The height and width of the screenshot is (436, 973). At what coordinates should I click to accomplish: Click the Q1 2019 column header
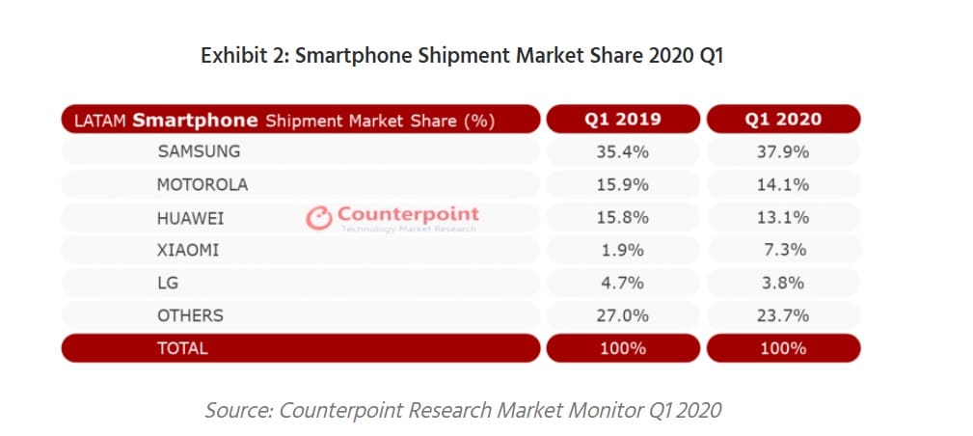[x=622, y=120]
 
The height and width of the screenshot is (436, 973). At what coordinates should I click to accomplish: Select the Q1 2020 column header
[x=783, y=120]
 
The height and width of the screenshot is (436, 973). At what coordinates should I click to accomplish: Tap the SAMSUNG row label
[x=199, y=151]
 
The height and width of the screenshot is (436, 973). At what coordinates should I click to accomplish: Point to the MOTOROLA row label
[x=203, y=184]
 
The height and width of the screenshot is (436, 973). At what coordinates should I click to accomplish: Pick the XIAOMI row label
[x=188, y=250]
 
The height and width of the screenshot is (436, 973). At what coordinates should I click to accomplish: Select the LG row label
[x=168, y=283]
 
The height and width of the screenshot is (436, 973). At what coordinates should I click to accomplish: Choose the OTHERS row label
[x=190, y=315]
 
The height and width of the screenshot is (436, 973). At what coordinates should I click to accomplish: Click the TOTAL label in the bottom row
[x=182, y=348]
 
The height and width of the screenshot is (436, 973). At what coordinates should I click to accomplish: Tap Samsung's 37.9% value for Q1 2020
[x=783, y=151]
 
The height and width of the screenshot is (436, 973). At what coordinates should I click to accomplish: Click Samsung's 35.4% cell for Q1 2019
[x=622, y=151]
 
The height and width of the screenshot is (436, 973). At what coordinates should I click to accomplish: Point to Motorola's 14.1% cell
[x=783, y=184]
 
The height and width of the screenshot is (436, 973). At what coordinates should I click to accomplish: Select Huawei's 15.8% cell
[x=622, y=218]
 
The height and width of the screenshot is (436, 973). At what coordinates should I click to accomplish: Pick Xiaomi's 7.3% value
[x=785, y=250]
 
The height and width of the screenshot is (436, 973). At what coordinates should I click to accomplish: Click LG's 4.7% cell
[x=622, y=283]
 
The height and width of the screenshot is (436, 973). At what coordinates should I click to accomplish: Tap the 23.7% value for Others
[x=783, y=315]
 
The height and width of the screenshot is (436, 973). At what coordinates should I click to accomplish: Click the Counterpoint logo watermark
[x=392, y=218]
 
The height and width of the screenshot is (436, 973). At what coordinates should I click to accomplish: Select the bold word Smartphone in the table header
[x=195, y=121]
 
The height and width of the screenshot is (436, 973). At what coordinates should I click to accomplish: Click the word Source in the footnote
[x=238, y=410]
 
